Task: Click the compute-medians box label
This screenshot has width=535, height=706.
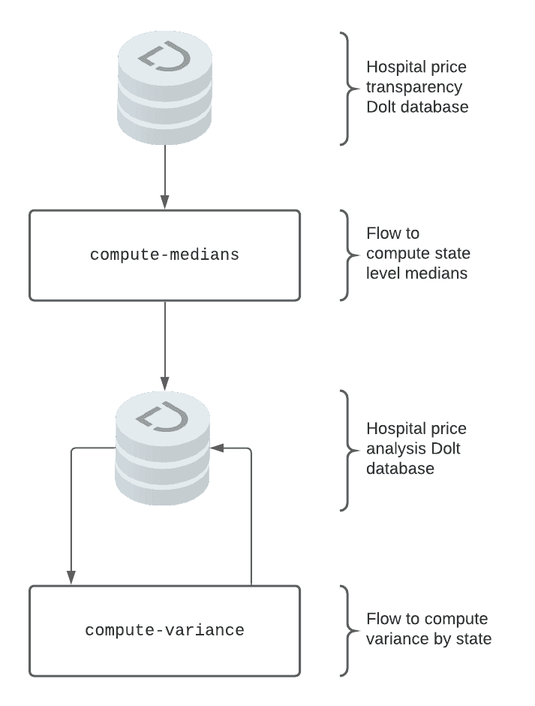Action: [164, 255]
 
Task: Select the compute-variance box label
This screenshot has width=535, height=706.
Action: [164, 630]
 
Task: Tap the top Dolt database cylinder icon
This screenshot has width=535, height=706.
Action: [164, 88]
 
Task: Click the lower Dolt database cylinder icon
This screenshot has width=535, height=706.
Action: [163, 448]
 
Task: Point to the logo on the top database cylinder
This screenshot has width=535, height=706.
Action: [164, 56]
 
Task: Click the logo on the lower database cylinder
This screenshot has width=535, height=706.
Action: [162, 416]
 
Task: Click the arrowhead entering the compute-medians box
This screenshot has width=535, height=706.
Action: [164, 202]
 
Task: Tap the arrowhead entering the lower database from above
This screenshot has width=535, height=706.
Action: [164, 383]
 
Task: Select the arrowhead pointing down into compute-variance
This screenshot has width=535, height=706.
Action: [71, 578]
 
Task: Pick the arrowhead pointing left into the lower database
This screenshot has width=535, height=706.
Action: [217, 448]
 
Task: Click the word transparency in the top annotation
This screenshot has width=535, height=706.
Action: [414, 87]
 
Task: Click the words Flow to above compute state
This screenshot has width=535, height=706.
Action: [393, 234]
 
